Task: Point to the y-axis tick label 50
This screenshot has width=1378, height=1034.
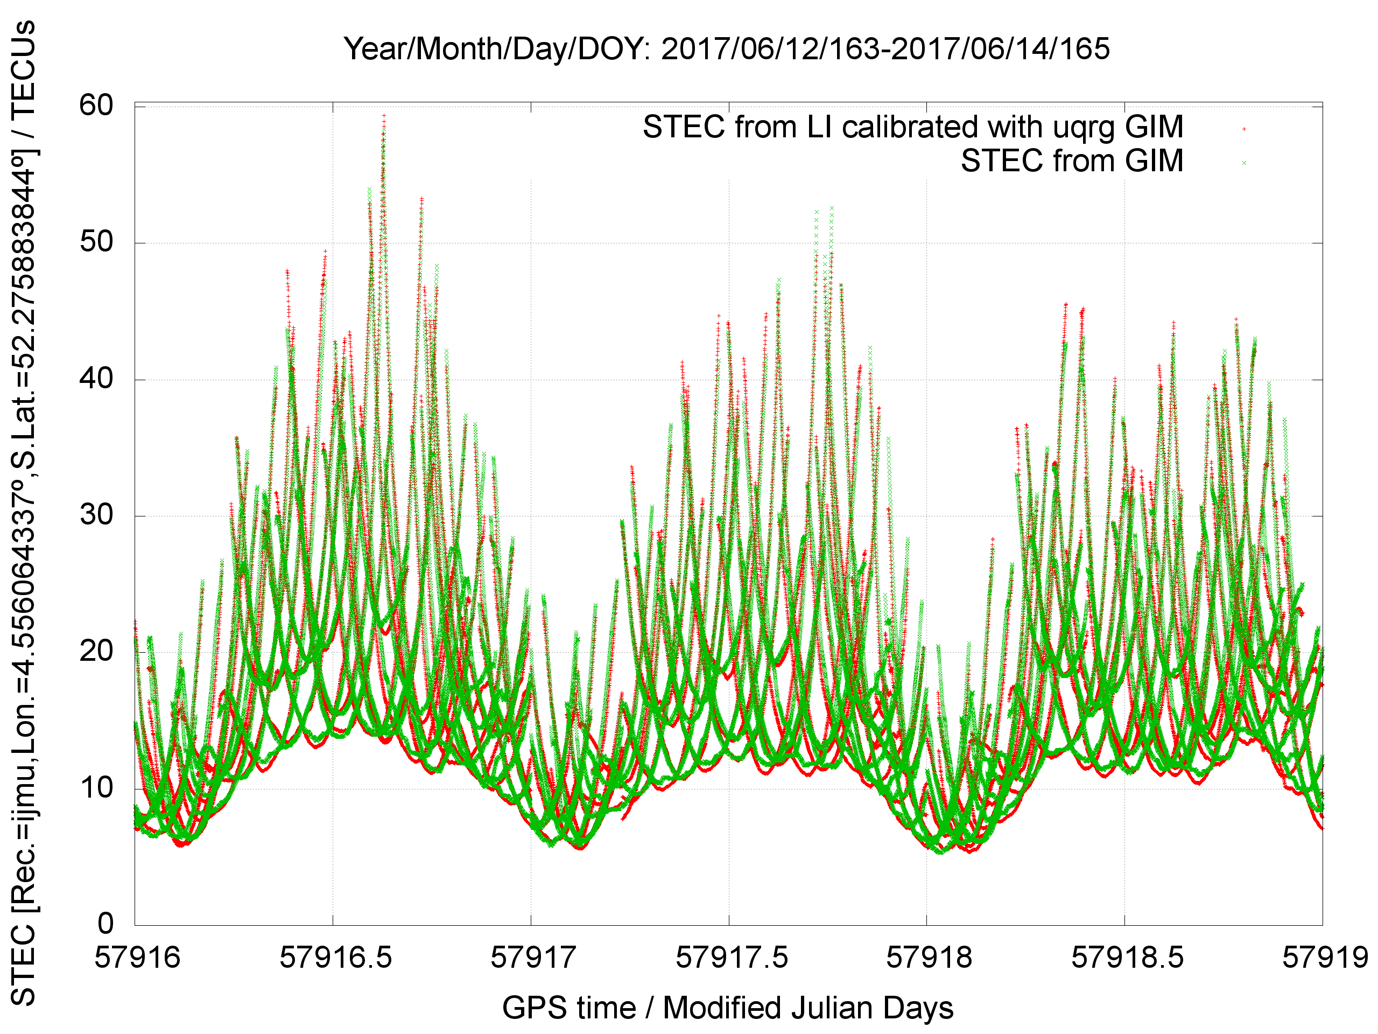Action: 96,242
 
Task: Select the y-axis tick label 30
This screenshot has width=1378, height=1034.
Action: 96,515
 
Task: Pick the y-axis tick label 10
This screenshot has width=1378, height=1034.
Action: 96,788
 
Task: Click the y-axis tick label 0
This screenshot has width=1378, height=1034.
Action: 106,924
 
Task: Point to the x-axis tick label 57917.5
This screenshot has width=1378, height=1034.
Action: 732,958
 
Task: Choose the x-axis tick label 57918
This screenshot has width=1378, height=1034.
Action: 928,958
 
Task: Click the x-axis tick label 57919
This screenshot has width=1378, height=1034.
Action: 1324,958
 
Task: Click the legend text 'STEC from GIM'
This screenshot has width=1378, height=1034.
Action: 1072,162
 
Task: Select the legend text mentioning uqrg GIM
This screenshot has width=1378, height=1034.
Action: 912,128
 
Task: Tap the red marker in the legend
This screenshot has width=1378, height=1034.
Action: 1243,129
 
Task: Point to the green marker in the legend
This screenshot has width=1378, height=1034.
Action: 1243,163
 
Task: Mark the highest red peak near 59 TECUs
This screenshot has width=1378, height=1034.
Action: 384,115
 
